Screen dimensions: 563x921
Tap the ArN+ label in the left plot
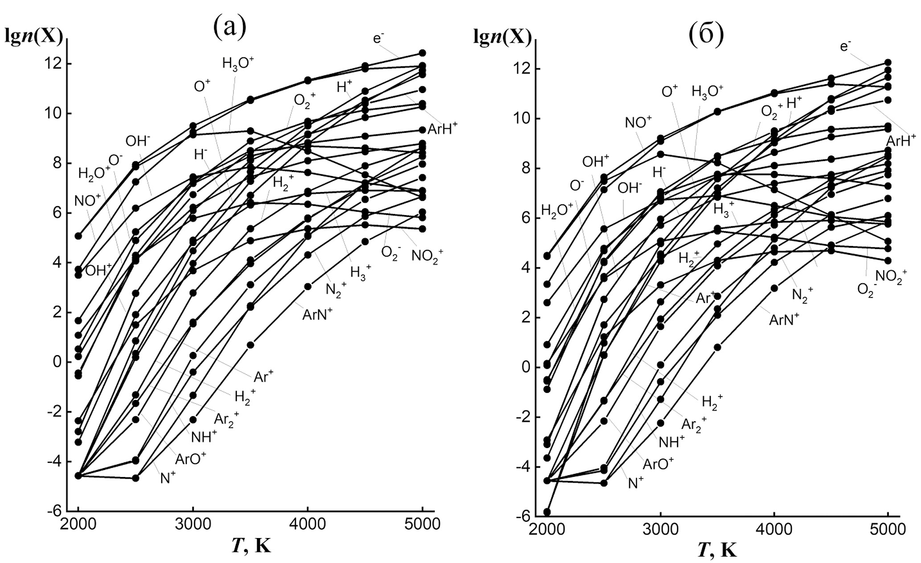(x=318, y=314)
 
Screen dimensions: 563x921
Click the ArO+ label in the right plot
(x=658, y=464)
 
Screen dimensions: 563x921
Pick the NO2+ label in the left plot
(x=427, y=256)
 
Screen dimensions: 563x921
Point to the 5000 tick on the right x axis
(x=888, y=530)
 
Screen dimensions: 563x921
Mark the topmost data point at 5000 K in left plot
(x=422, y=53)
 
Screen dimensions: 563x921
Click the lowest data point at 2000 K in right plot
(x=547, y=512)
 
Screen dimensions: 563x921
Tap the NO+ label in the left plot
(x=87, y=200)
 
